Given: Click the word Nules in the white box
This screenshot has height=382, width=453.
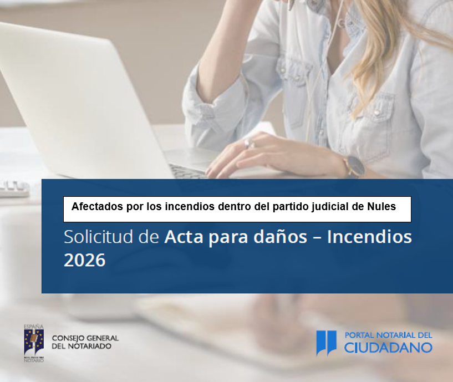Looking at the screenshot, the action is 381,207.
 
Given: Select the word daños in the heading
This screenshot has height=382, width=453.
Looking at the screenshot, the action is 280,237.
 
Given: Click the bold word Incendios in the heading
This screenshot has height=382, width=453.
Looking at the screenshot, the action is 369,237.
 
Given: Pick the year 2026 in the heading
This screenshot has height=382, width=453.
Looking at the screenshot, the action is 84,260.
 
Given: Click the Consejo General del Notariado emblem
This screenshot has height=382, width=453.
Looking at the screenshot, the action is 34,343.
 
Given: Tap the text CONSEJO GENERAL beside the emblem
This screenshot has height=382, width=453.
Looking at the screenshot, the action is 85,338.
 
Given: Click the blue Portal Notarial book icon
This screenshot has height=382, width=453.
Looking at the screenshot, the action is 326,343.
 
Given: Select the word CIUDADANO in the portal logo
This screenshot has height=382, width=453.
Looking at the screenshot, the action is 388,348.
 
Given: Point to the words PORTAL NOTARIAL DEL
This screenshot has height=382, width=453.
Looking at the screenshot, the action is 389,335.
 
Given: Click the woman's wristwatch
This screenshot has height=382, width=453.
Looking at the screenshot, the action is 354,167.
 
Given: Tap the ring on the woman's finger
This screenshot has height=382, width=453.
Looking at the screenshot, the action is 248,143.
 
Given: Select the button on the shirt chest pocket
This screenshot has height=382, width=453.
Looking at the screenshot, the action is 376,113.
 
